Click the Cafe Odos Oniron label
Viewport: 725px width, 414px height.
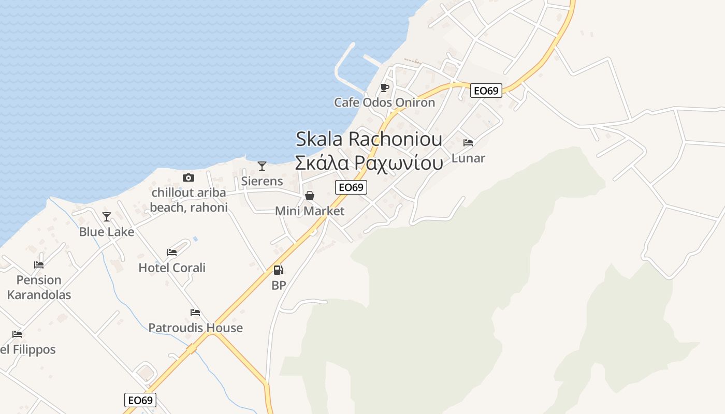point(384,102)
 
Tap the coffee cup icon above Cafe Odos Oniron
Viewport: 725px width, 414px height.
point(384,88)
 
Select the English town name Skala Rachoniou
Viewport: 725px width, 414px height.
point(369,139)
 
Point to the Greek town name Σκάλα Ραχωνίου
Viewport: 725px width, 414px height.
point(369,162)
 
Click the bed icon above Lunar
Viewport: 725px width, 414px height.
point(468,143)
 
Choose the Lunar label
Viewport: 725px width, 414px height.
point(468,158)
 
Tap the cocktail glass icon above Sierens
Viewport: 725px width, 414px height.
point(262,166)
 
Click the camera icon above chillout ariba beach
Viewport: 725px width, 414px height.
point(189,178)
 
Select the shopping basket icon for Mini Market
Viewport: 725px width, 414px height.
point(310,196)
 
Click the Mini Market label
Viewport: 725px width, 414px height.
point(310,211)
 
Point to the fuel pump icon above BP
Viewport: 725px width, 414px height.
point(279,270)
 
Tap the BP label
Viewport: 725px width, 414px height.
point(279,285)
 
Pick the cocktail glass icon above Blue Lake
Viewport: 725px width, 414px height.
point(107,217)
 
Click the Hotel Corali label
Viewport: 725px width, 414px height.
point(172,268)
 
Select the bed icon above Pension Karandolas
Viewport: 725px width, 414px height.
point(39,265)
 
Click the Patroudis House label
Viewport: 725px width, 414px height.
point(195,328)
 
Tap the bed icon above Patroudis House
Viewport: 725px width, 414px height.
point(195,313)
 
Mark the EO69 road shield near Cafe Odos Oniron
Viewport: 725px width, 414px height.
point(486,91)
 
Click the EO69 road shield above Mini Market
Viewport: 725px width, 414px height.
point(351,187)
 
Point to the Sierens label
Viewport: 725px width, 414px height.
point(262,181)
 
